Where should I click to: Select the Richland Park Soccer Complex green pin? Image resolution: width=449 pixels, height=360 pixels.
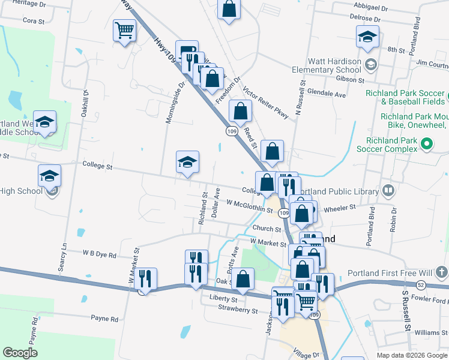coord(427,143)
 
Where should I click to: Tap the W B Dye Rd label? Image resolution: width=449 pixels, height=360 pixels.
coord(100,255)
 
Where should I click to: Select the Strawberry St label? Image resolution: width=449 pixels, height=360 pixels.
coord(238,311)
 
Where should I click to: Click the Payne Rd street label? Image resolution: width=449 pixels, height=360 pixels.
coord(104,319)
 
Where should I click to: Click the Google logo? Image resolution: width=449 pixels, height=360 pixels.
coord(20,353)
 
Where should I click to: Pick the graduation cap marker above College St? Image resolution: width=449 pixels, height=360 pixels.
coord(187,161)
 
